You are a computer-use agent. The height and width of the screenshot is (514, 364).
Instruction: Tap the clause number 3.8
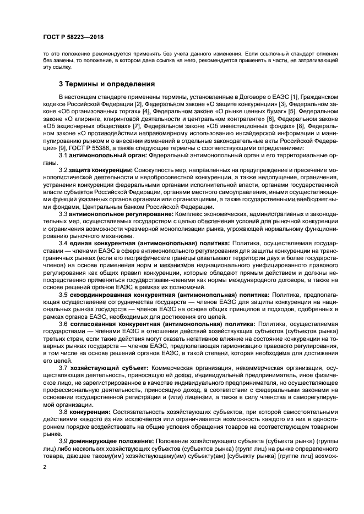point(64,412)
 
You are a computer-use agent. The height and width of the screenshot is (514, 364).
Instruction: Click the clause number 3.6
point(64,324)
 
